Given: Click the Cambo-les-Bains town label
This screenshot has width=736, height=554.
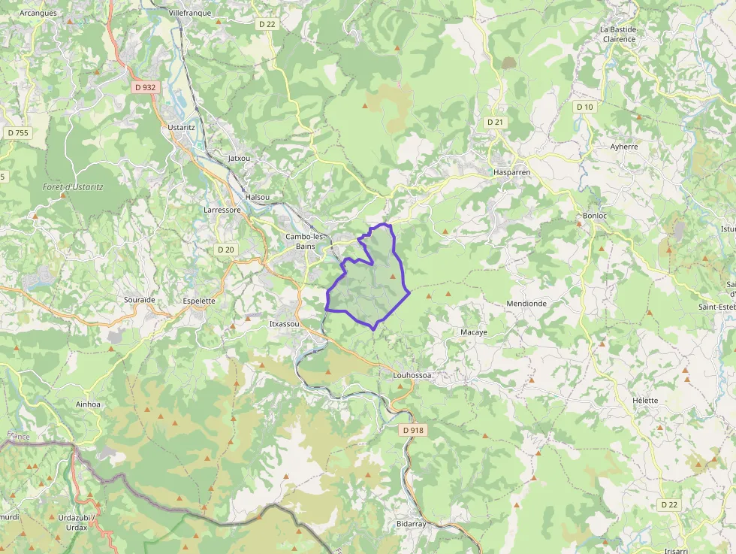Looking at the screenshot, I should point(305,241).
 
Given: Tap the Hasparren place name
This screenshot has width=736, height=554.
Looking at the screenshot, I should point(512,172).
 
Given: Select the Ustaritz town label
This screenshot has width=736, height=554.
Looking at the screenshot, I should point(181,128).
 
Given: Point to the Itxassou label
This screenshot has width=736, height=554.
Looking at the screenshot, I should point(284,324).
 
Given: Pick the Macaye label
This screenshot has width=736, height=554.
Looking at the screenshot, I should point(473,331).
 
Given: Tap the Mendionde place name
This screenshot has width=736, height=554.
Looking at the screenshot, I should point(526,304).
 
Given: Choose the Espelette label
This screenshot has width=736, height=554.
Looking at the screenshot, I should point(199,301).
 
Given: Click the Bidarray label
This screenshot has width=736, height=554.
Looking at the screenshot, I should point(411,524).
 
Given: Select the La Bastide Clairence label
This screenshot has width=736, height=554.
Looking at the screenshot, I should point(618,35).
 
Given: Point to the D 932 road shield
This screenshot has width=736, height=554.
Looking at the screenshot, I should point(145,87).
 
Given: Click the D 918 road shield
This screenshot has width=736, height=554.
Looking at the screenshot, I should point(413,431).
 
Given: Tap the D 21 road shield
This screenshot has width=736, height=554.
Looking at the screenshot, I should point(494,122).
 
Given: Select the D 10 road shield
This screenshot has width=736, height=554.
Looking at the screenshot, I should point(584,107).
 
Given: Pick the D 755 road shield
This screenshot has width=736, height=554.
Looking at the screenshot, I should point(17,133).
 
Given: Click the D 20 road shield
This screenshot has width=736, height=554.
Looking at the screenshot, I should point(226,250).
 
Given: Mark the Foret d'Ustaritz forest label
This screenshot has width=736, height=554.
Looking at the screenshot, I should point(73,186).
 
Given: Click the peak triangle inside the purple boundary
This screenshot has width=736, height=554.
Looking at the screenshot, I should point(392,277).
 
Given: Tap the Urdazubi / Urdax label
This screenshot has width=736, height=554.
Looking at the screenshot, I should point(73,522).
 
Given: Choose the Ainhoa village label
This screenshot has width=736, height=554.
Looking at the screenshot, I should point(88,404).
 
